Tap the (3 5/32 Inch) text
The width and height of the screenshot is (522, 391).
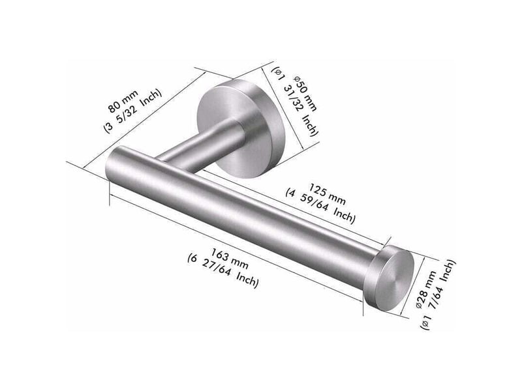coord(133,111)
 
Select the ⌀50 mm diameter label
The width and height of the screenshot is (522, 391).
coord(305,94)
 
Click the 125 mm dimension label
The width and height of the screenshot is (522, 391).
coord(328,194)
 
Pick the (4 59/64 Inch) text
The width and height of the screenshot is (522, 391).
coord(320,206)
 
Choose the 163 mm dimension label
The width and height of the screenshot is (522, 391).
coord(230,259)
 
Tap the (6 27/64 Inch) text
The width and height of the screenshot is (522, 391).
coord(223,270)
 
